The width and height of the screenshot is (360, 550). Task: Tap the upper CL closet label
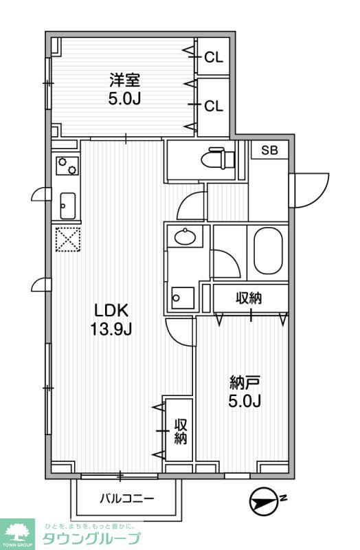[214, 58]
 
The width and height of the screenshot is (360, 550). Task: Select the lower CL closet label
[214, 106]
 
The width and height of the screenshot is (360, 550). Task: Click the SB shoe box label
[269, 151]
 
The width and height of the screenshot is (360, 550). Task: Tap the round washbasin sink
[185, 238]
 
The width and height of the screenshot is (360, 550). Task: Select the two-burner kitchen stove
[67, 166]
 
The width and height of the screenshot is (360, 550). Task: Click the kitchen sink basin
[68, 204]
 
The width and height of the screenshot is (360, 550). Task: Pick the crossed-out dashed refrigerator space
[67, 239]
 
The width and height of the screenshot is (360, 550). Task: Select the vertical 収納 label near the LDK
[180, 430]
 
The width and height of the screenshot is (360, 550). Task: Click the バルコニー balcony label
[127, 497]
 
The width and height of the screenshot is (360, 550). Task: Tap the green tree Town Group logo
[17, 533]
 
